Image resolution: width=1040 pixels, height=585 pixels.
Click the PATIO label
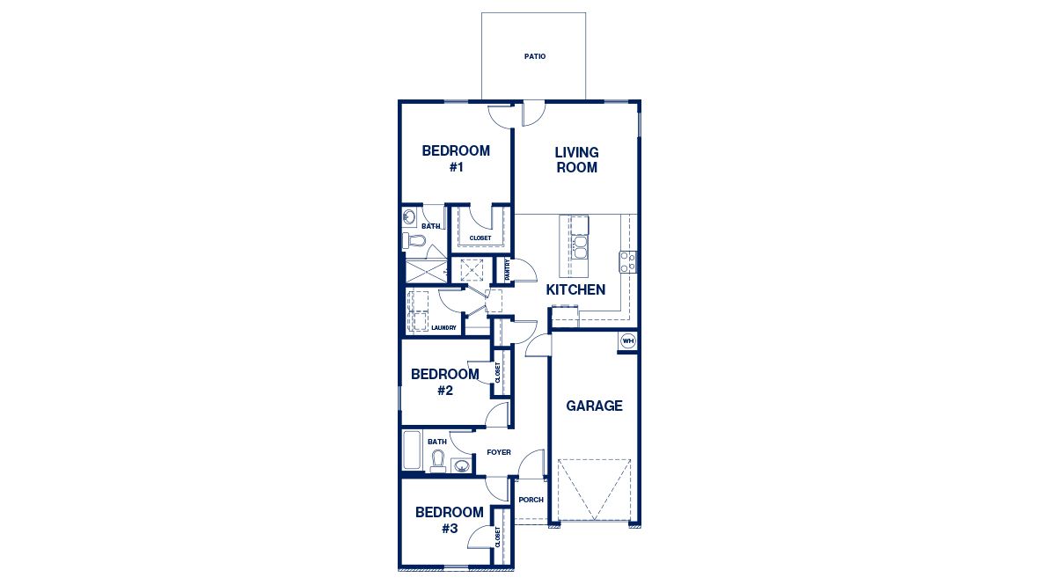(534, 56)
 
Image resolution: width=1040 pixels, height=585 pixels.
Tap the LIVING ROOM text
(576, 160)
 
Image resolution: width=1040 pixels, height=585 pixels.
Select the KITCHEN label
(575, 289)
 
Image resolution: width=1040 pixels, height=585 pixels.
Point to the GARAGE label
(594, 406)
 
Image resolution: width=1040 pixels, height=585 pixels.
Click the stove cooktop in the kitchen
(628, 261)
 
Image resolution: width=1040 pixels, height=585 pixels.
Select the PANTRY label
(507, 270)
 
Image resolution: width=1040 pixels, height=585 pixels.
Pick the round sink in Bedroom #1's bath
(410, 216)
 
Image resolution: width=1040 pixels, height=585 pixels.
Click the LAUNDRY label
(443, 328)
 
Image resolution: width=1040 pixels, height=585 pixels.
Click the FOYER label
(499, 452)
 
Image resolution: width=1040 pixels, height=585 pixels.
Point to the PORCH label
(531, 500)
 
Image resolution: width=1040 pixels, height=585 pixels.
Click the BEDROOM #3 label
(449, 520)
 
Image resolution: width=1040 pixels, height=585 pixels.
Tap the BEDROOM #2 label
(444, 382)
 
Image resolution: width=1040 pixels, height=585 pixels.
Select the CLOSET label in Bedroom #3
(498, 537)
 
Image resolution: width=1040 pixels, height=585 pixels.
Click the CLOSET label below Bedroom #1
(480, 238)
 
